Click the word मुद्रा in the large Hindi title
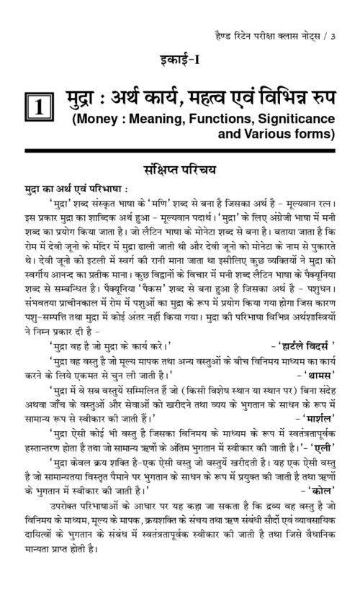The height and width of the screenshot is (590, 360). [85, 95]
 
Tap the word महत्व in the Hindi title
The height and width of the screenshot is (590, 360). [217, 95]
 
